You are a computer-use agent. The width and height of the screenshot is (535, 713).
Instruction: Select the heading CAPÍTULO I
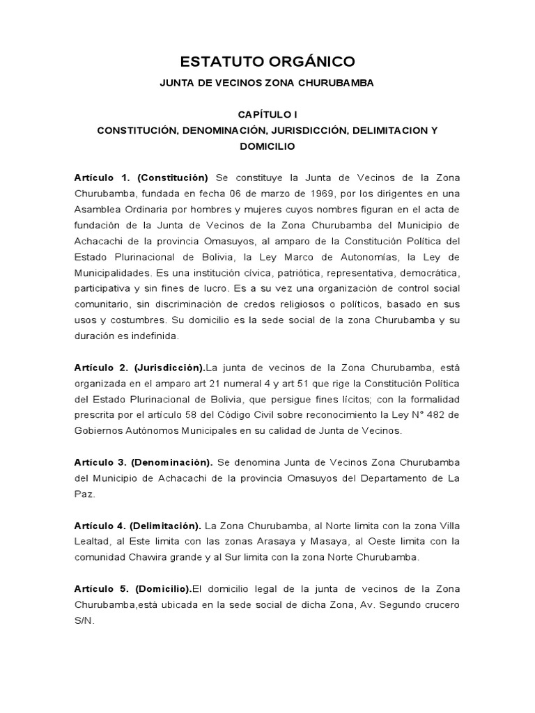[267, 113]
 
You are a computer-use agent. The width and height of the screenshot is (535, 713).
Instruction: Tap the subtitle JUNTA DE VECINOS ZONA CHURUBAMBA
[267, 83]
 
